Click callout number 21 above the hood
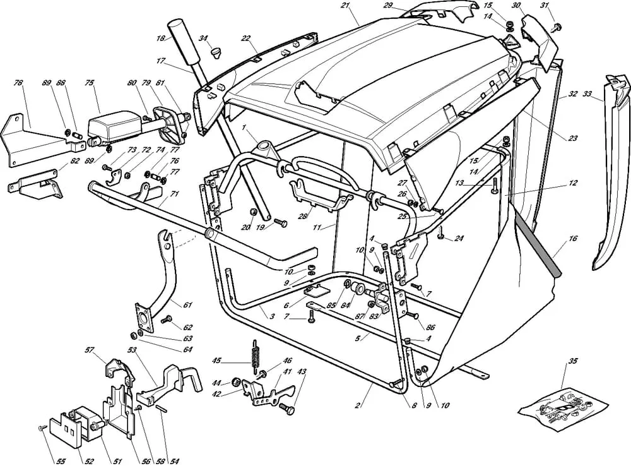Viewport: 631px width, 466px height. [345, 6]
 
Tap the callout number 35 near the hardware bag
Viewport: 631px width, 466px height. [572, 362]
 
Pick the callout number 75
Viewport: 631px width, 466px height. [89, 83]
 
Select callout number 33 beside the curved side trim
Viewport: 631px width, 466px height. [587, 94]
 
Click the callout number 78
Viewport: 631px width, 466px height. [18, 83]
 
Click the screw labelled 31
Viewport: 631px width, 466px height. [557, 27]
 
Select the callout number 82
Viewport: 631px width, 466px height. [74, 161]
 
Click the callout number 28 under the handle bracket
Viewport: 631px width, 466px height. [302, 216]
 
